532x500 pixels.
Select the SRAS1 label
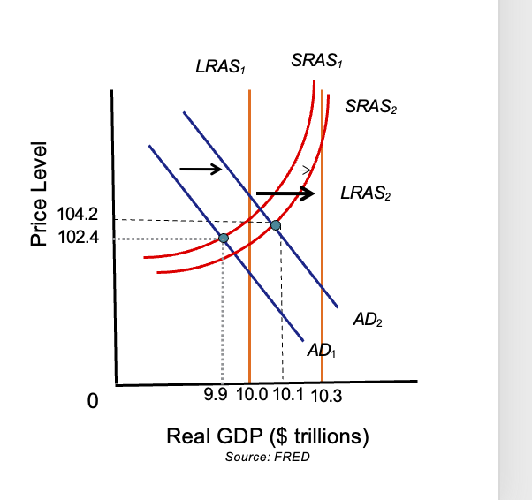(316, 61)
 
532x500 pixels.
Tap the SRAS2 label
(371, 107)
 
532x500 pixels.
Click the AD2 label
(368, 319)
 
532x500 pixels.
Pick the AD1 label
(323, 351)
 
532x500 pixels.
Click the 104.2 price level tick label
(77, 215)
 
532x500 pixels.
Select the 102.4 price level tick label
(77, 238)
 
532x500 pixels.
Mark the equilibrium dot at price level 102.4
(223, 238)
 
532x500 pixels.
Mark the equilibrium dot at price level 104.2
(276, 225)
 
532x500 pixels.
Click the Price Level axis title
(38, 193)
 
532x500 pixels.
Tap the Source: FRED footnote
(268, 457)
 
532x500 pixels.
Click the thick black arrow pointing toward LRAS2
(285, 193)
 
